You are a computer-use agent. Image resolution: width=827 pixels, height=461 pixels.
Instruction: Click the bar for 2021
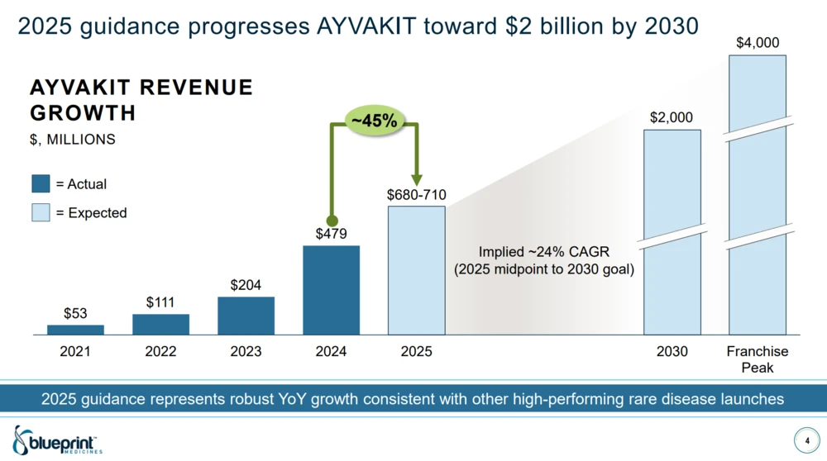tap(75, 330)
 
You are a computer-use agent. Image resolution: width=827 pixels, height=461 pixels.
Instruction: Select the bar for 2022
tap(160, 325)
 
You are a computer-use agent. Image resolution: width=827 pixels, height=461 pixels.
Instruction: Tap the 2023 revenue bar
tap(246, 316)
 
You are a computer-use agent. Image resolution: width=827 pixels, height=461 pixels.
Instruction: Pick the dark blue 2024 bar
tap(331, 290)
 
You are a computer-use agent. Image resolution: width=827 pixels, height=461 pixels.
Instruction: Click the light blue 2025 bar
tap(417, 270)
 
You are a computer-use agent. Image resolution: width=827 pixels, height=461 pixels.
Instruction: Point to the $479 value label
tap(331, 235)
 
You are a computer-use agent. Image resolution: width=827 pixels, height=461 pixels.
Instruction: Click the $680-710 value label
tap(417, 195)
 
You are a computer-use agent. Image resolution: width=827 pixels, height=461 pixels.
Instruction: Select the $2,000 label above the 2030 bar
tap(672, 118)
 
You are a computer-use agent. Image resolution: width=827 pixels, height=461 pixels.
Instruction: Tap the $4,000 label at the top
tap(758, 42)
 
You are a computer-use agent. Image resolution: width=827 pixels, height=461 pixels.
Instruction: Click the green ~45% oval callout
tap(374, 121)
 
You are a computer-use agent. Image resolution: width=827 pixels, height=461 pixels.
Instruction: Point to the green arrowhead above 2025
tap(417, 180)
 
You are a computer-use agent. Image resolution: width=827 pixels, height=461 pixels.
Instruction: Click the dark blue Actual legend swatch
tap(41, 184)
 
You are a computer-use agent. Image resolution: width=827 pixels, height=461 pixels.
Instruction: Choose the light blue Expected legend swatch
tap(41, 212)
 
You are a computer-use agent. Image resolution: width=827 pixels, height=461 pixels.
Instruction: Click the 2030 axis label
tap(672, 352)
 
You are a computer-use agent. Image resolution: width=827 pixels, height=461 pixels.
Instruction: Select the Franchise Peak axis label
tap(758, 359)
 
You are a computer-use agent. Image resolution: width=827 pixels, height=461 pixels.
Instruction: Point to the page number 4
tap(807, 440)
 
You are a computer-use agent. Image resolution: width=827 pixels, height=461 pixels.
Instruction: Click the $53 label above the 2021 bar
tap(75, 313)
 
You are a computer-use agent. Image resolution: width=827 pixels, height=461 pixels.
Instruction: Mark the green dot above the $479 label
tap(331, 221)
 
